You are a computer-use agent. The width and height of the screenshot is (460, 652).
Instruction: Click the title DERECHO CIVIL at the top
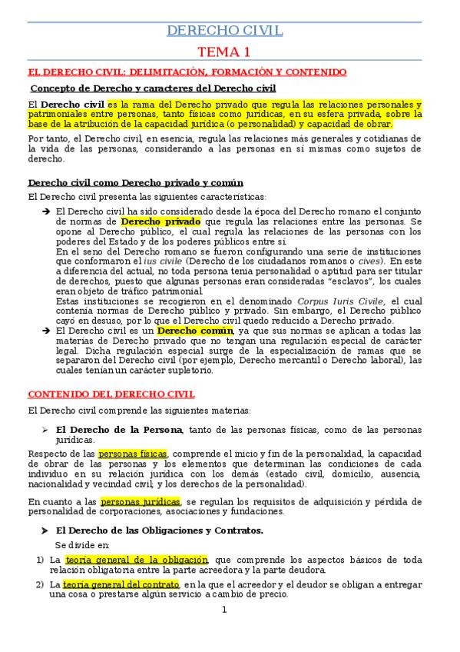click(x=225, y=31)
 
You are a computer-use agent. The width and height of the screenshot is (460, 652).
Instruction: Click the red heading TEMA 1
click(x=225, y=52)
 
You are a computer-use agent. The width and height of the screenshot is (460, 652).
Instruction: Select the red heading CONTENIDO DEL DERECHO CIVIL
click(x=111, y=394)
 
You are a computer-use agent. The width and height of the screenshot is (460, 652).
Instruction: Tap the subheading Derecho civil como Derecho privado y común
click(x=135, y=183)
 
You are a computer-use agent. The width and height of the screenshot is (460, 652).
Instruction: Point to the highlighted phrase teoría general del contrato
click(x=133, y=584)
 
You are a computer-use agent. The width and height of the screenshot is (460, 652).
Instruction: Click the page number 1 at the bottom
click(x=225, y=631)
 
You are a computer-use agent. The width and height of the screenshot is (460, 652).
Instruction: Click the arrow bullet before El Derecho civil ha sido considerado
click(x=45, y=211)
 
